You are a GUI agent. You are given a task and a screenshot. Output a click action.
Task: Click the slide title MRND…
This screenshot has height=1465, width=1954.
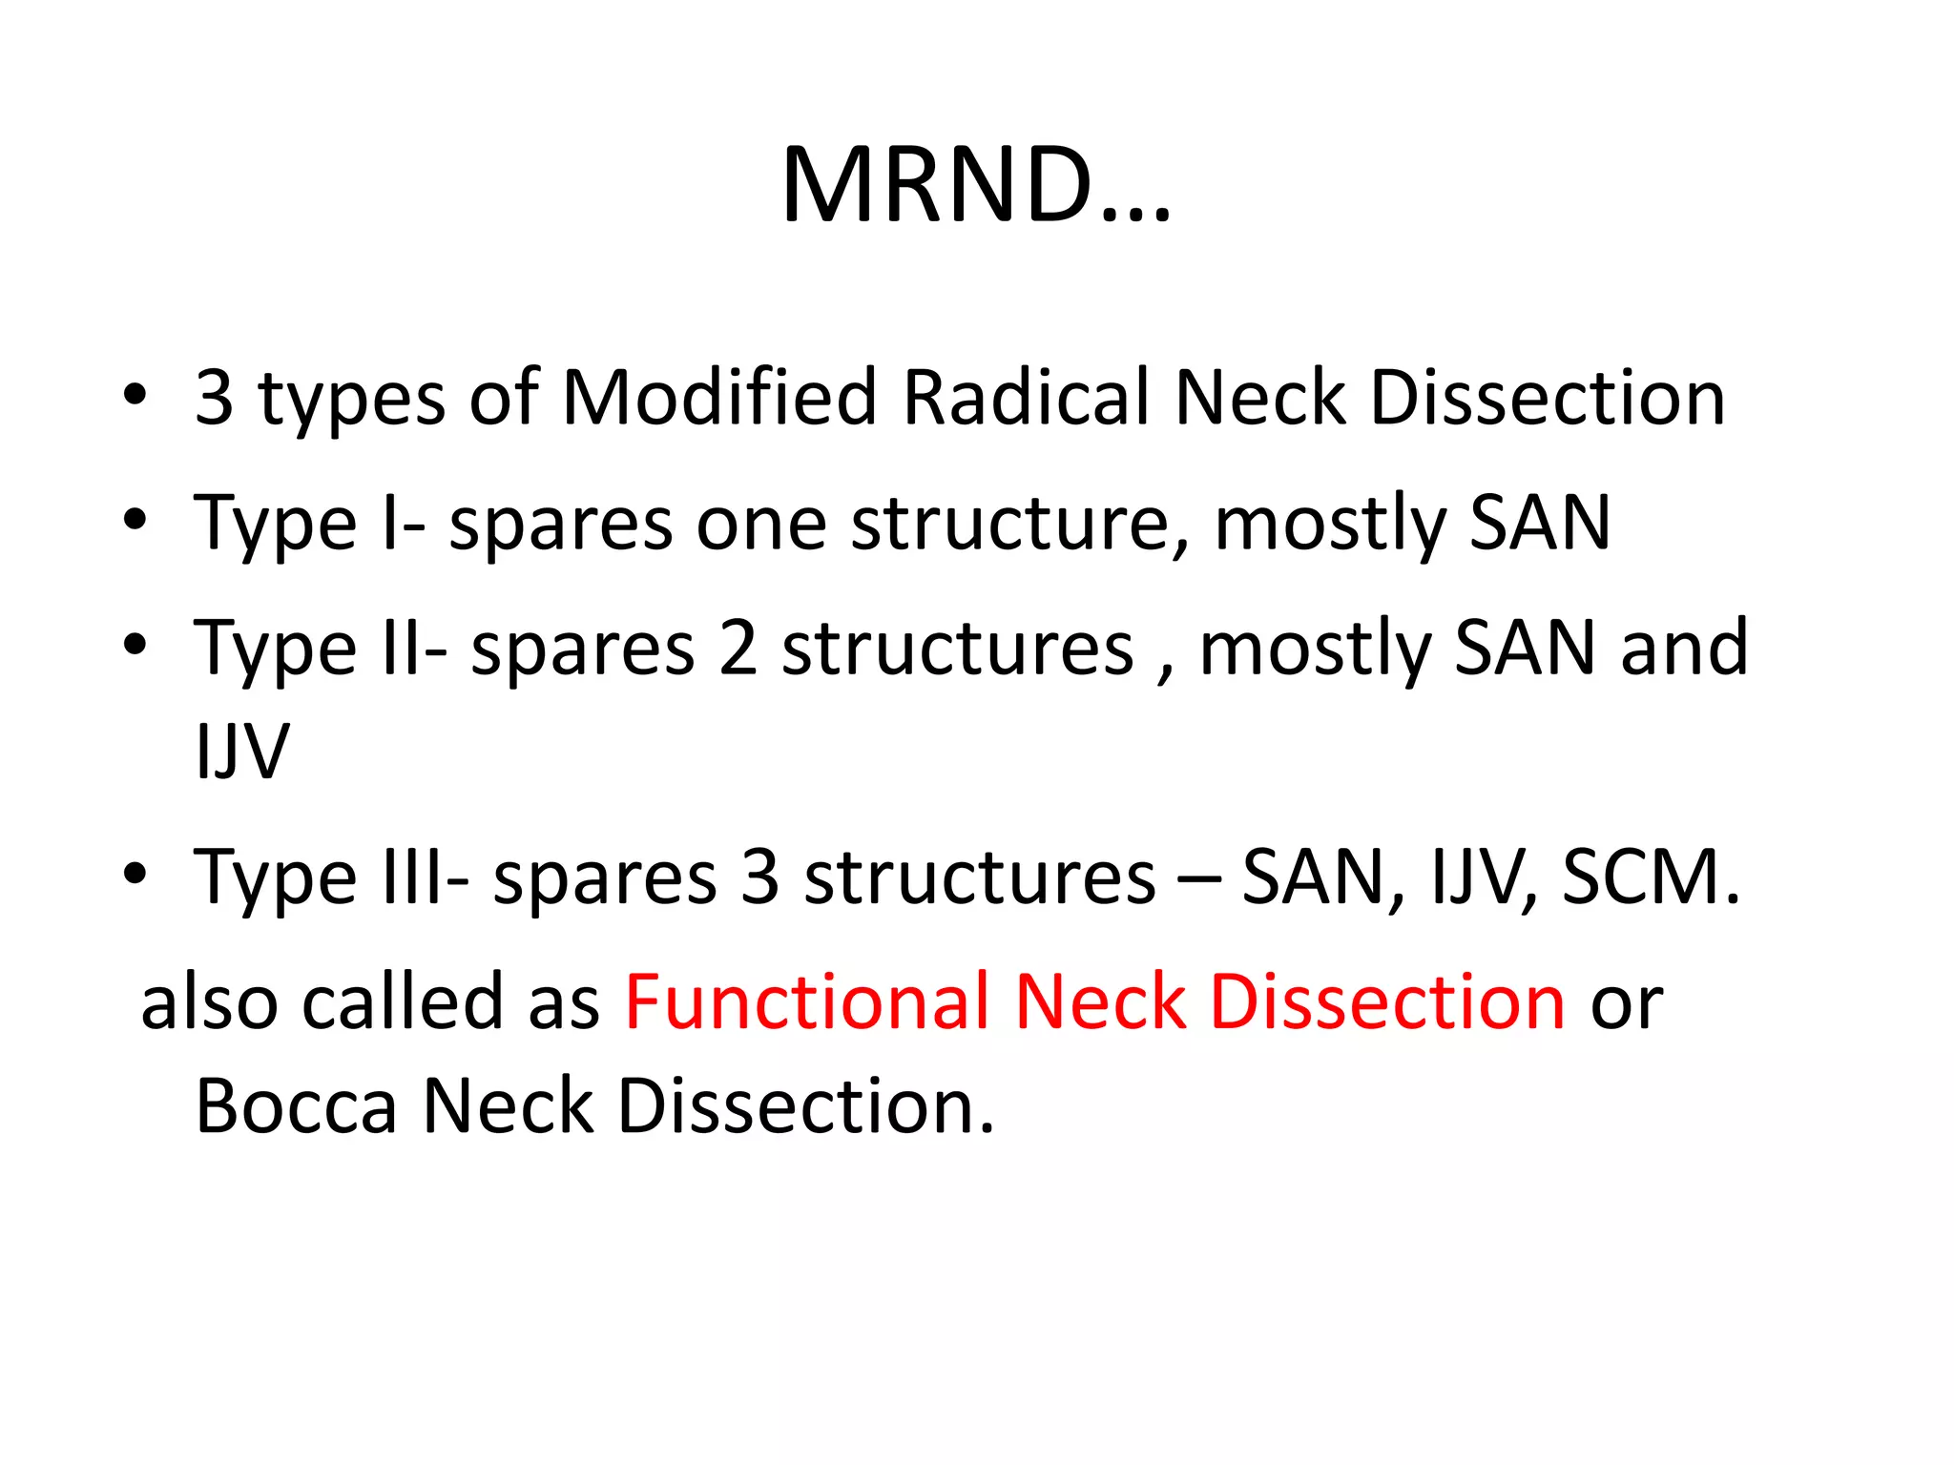coord(976,185)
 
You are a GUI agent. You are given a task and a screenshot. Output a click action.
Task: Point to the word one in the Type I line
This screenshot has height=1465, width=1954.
coord(760,524)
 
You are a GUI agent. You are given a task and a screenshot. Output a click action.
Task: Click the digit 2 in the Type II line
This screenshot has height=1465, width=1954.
coord(738,649)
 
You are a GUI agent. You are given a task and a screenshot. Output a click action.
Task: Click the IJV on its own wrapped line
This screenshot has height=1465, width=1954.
coord(241,752)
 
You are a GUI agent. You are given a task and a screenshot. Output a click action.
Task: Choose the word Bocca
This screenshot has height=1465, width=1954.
coord(296,1106)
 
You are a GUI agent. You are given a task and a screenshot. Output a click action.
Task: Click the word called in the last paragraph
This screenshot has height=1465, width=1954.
coord(402,1002)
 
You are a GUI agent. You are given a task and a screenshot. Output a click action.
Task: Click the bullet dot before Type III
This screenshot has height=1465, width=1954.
coord(135,874)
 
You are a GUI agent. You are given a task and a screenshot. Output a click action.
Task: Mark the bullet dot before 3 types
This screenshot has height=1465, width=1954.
coord(135,394)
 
